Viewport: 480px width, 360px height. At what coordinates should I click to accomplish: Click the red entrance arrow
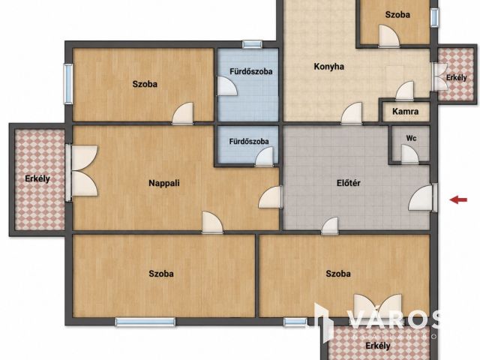tap(458, 200)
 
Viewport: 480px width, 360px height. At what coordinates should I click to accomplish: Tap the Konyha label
tap(328, 67)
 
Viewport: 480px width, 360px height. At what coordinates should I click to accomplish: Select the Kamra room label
tap(405, 112)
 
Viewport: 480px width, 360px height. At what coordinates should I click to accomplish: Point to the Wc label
tap(411, 138)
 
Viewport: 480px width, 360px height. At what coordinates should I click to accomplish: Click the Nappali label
tap(164, 183)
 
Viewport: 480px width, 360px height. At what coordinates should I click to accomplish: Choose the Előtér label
tap(348, 183)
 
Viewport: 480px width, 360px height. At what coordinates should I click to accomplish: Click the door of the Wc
tap(409, 154)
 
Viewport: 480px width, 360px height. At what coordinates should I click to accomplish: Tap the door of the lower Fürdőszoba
tap(264, 157)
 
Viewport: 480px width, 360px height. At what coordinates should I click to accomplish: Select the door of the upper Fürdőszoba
tap(227, 86)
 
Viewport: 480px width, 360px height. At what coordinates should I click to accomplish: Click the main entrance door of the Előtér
tap(421, 198)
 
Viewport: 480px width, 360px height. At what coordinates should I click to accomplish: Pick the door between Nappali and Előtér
tap(270, 197)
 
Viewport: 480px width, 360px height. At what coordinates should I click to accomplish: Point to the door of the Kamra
tap(405, 91)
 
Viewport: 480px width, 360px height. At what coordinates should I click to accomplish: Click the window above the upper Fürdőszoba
tap(252, 45)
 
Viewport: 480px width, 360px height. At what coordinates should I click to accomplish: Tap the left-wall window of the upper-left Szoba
tap(68, 84)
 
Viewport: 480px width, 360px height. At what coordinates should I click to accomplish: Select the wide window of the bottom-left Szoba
tap(145, 322)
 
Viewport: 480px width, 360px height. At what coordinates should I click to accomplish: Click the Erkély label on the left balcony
tap(37, 178)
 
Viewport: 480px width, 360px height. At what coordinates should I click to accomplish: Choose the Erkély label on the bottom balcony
tap(378, 346)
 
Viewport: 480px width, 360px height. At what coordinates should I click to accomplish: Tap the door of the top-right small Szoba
tap(389, 36)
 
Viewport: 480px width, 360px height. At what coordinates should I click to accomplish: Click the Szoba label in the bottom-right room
tap(338, 273)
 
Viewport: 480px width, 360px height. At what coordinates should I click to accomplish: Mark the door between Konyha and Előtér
tap(352, 113)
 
